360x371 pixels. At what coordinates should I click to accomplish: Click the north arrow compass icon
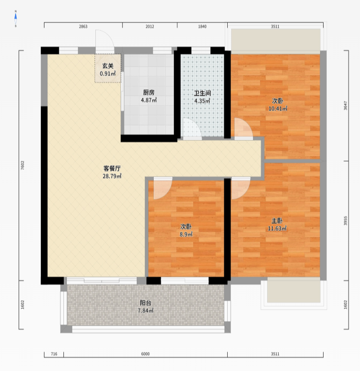[15, 18]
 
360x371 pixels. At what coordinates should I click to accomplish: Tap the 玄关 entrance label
[108, 66]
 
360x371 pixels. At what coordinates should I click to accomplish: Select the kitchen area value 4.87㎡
[149, 100]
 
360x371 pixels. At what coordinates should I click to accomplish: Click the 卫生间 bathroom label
[202, 93]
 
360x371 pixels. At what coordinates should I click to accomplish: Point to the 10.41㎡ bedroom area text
[278, 109]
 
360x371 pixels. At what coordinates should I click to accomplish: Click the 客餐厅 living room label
[112, 169]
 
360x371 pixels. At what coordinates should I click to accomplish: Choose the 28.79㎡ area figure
[112, 176]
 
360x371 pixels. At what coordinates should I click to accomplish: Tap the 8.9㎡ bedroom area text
[186, 234]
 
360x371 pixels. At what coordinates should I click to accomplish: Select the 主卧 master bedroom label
[277, 221]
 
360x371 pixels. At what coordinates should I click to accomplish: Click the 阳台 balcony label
[145, 303]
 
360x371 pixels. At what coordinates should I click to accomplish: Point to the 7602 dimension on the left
[23, 166]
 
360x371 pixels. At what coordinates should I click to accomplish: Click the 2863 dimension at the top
[83, 26]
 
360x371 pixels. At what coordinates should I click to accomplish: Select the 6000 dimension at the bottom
[145, 354]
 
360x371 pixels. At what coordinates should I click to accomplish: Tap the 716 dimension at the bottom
[54, 354]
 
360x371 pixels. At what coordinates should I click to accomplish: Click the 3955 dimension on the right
[346, 220]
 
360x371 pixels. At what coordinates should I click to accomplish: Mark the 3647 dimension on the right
[346, 106]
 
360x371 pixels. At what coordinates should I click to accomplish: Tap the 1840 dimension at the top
[202, 26]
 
